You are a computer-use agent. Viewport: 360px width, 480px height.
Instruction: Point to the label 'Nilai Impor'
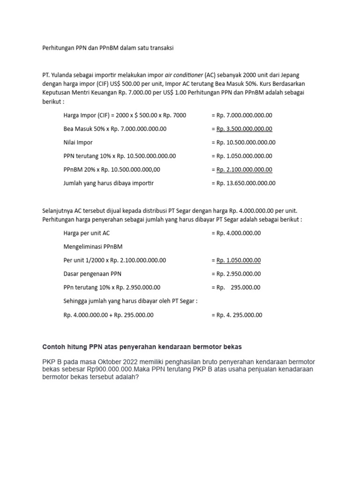click(x=78, y=142)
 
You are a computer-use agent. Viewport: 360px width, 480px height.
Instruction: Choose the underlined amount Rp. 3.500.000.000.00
click(x=244, y=129)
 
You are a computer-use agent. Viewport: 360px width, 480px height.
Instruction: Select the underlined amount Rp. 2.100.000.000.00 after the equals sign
click(x=244, y=170)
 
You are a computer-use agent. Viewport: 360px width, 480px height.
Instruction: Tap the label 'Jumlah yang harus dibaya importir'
click(x=108, y=183)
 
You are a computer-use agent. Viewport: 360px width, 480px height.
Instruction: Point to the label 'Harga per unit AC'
click(x=87, y=233)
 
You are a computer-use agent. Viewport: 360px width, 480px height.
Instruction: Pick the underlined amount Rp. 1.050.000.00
click(x=239, y=260)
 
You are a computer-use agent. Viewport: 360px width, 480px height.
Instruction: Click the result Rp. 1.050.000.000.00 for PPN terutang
click(x=244, y=156)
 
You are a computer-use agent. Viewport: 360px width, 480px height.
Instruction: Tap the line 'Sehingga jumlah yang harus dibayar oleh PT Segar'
click(x=130, y=301)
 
